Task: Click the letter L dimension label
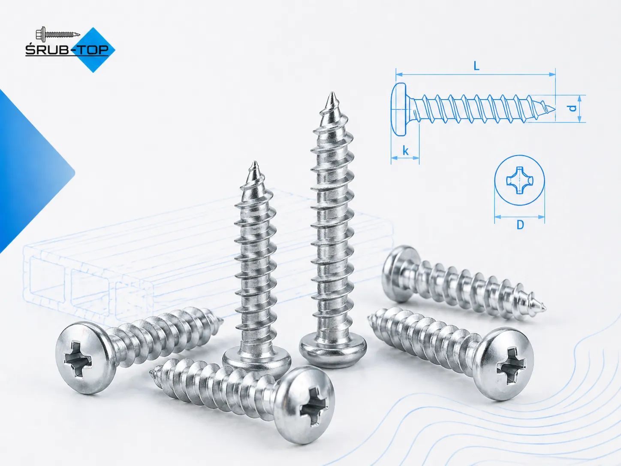click(x=476, y=66)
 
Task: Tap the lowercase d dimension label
click(x=572, y=109)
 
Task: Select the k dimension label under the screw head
click(x=405, y=151)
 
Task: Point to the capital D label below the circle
click(x=520, y=225)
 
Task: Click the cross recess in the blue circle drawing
click(x=519, y=180)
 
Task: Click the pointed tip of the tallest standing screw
click(x=332, y=94)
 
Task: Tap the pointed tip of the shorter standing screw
click(x=255, y=163)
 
